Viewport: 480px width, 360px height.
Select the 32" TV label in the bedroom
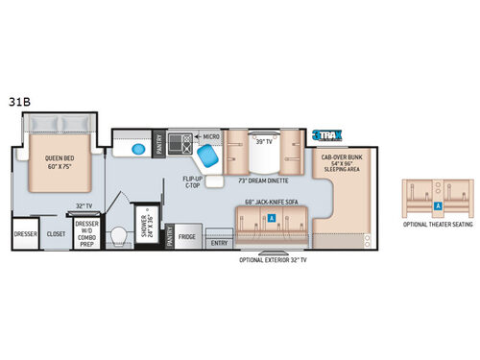click(x=84, y=206)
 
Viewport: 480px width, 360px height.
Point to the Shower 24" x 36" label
click(x=148, y=228)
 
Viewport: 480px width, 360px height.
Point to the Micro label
click(x=211, y=136)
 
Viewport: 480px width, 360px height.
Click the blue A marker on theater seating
click(x=438, y=204)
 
